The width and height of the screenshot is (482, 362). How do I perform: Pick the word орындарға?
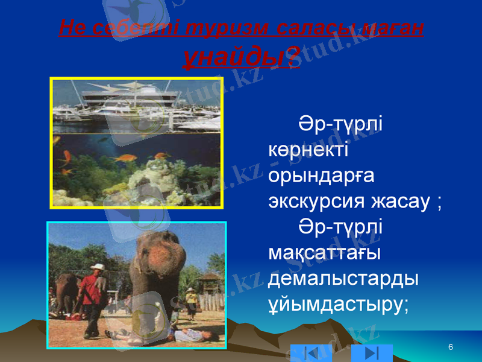point(322,176)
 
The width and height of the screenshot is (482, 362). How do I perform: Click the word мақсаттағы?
point(324,253)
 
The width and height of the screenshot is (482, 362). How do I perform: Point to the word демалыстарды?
point(344,279)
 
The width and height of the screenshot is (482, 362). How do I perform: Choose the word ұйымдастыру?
point(338,305)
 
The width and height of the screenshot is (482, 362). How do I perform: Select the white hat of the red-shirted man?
point(98,267)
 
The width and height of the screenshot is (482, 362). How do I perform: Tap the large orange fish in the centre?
point(125,159)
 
